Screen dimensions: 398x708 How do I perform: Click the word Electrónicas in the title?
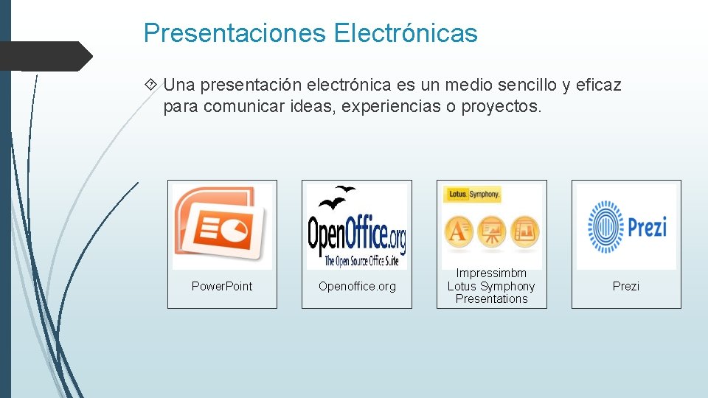pyautogui.click(x=406, y=33)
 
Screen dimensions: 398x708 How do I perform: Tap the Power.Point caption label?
pyautogui.click(x=222, y=286)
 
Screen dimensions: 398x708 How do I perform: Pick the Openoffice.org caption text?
pyautogui.click(x=357, y=286)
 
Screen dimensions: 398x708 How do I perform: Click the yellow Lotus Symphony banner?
pyautogui.click(x=472, y=194)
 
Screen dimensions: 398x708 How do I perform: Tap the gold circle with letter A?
pyautogui.click(x=458, y=231)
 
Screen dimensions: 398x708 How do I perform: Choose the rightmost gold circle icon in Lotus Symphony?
pyautogui.click(x=524, y=231)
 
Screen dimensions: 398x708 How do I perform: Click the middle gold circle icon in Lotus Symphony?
pyautogui.click(x=491, y=231)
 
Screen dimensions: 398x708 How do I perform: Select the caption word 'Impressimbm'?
pyautogui.click(x=491, y=273)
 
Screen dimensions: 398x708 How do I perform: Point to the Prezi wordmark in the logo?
pyautogui.click(x=647, y=226)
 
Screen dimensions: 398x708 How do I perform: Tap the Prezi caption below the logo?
pyautogui.click(x=626, y=286)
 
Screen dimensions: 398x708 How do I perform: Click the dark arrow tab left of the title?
pyautogui.click(x=46, y=56)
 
